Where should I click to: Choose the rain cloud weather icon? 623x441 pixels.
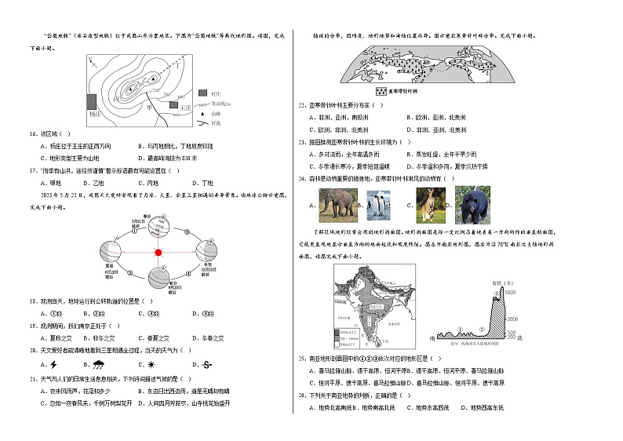tap(100, 364)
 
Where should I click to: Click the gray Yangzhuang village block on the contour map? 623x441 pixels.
tap(93, 101)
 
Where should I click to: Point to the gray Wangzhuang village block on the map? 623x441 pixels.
tap(175, 102)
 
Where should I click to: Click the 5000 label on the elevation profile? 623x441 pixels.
tap(509, 292)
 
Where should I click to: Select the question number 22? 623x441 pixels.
tap(302, 104)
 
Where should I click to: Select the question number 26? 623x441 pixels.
tap(302, 395)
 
